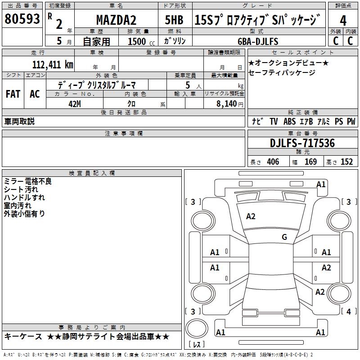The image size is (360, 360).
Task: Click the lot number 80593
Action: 22,19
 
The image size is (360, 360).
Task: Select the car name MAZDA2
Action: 116,20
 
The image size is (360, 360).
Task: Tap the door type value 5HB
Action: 174,20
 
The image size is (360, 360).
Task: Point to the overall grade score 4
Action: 343,21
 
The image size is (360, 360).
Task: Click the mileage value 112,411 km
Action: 53,65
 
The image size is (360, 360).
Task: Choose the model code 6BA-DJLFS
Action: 258,41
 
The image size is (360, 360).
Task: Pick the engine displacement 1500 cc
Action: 141,41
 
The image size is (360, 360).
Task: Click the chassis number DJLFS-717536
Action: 302,143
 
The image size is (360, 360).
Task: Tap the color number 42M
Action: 75,104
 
